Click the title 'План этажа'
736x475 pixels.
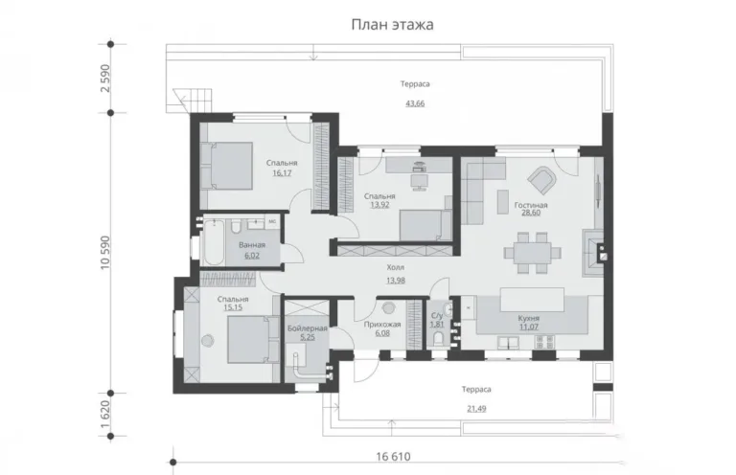pyautogui.click(x=392, y=24)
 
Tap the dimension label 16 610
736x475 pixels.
pyautogui.click(x=393, y=457)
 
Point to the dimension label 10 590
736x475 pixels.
pyautogui.click(x=105, y=252)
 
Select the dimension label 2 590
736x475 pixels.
pyautogui.click(x=105, y=79)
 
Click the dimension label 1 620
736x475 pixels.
pyautogui.click(x=105, y=414)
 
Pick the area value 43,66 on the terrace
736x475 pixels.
pyautogui.click(x=415, y=103)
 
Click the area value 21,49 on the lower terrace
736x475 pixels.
pyautogui.click(x=476, y=409)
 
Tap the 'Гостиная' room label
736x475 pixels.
pyautogui.click(x=531, y=205)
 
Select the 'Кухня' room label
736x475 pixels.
pyautogui.click(x=529, y=318)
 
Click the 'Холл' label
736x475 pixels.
pyautogui.click(x=395, y=268)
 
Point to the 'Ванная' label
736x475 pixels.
pyautogui.click(x=252, y=245)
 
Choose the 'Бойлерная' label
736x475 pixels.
pyautogui.click(x=308, y=328)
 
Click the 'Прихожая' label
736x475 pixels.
pyautogui.click(x=382, y=325)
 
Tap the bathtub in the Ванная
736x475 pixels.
pyautogui.click(x=213, y=243)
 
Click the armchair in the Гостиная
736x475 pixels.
pyautogui.click(x=542, y=180)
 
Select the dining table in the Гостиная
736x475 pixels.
pyautogui.click(x=532, y=253)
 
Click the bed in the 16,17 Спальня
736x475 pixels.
pyautogui.click(x=226, y=166)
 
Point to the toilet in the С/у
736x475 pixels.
pyautogui.click(x=438, y=339)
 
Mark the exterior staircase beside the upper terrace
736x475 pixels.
pyautogui.click(x=193, y=101)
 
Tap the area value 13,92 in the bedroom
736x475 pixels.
pyautogui.click(x=379, y=204)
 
